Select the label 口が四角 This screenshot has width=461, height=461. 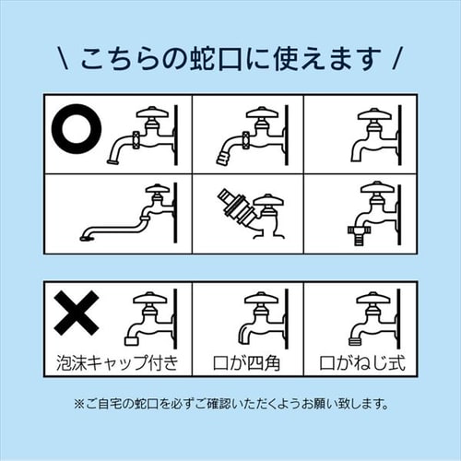point(246,361)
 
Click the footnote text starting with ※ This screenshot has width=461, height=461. point(230,404)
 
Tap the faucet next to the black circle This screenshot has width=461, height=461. point(144,134)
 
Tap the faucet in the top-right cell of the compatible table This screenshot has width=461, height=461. point(373,134)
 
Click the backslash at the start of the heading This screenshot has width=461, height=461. point(60,60)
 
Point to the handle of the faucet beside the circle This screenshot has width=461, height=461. point(153,112)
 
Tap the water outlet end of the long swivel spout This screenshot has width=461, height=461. point(86,237)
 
